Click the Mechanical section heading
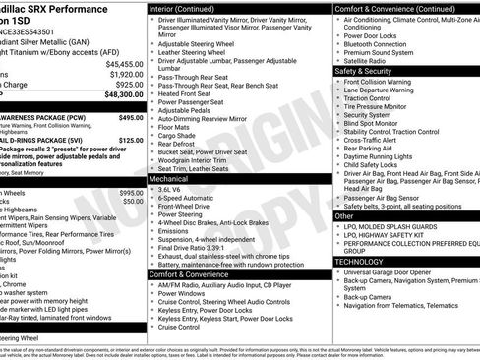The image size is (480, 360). (171, 180)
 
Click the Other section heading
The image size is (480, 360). (345, 215)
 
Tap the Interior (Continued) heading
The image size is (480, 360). (187, 8)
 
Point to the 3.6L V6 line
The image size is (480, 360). (176, 192)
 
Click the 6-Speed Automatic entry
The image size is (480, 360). (191, 202)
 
